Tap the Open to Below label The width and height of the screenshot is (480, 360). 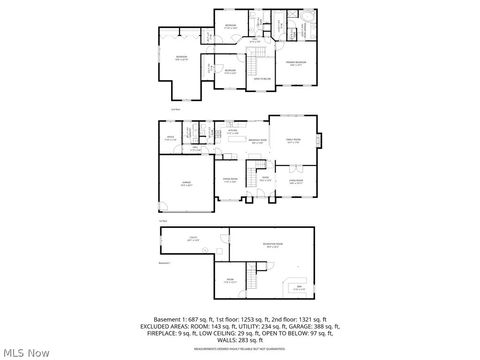(262, 78)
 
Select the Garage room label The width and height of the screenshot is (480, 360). (186, 182)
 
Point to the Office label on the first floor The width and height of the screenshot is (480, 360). (170, 136)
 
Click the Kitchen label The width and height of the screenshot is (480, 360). (232, 131)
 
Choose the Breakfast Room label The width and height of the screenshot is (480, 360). (257, 141)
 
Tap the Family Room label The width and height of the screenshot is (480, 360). (294, 142)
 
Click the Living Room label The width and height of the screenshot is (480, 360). (296, 181)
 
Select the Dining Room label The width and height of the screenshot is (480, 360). (229, 180)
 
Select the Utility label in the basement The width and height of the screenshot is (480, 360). (193, 240)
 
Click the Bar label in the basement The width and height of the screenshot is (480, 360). (299, 287)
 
